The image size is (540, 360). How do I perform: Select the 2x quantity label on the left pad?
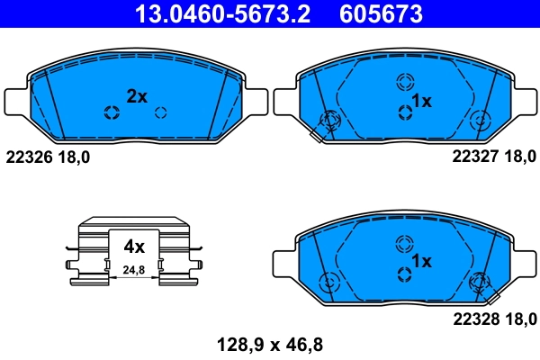(x=136, y=96)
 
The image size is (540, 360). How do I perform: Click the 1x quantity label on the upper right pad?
(x=421, y=101)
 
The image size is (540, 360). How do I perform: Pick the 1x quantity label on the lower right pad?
(x=421, y=261)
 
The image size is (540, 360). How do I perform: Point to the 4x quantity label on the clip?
(x=134, y=245)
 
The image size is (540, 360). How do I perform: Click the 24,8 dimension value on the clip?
(x=134, y=269)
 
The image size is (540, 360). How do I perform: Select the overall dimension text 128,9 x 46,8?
(x=269, y=343)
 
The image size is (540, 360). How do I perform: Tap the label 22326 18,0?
(x=48, y=157)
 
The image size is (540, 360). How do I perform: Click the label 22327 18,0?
(x=492, y=157)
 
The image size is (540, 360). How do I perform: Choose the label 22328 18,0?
(x=492, y=317)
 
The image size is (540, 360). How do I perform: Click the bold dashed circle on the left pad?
(x=112, y=112)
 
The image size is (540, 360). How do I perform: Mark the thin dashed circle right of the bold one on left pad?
(x=161, y=112)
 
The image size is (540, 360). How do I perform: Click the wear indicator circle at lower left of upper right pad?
(x=329, y=120)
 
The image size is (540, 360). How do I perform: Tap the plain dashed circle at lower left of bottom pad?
(x=329, y=280)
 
